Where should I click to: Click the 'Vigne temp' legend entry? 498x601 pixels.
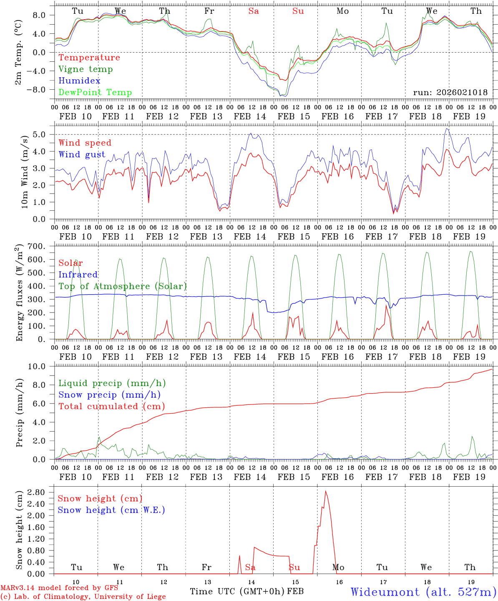(86, 69)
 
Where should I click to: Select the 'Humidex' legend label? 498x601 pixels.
(79, 81)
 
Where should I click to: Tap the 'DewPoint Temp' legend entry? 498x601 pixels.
(95, 93)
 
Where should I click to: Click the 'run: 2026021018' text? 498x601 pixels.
(450, 93)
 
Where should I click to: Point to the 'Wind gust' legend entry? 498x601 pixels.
(82, 155)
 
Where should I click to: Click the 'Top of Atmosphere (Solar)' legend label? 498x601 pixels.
(123, 286)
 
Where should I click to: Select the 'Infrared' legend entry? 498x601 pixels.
(78, 275)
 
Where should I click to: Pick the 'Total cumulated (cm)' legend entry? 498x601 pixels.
(112, 407)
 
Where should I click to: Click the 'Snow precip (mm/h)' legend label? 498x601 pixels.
(109, 395)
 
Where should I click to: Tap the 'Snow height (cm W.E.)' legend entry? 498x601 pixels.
(111, 510)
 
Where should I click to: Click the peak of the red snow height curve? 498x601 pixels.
(325, 491)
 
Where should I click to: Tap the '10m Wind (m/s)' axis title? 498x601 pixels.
(25, 172)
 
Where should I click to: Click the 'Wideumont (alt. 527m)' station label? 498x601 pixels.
(423, 592)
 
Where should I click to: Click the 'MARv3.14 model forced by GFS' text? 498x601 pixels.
(59, 588)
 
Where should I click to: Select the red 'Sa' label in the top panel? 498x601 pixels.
(254, 11)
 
